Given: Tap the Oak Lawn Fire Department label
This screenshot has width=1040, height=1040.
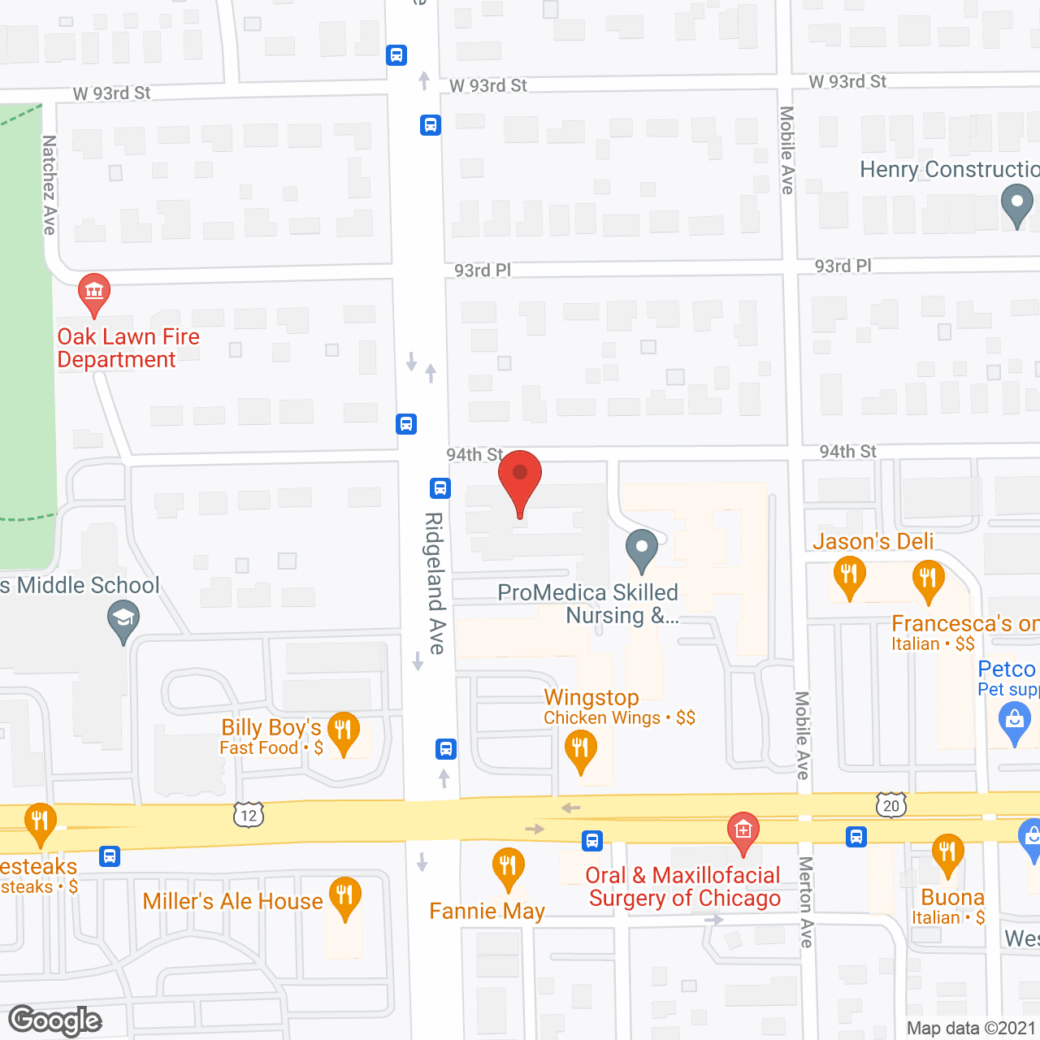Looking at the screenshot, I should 128,348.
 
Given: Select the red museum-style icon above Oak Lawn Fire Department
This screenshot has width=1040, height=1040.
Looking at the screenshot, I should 94,292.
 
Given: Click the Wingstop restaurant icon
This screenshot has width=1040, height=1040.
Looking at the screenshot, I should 580,747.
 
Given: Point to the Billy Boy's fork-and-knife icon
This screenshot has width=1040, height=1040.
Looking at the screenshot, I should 343,730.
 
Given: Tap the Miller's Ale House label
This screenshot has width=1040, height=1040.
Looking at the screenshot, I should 232,901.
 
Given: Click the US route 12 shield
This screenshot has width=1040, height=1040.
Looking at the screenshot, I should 249,815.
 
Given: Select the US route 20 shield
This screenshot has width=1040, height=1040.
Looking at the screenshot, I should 891,805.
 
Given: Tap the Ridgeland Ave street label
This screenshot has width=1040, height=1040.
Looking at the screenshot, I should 436,583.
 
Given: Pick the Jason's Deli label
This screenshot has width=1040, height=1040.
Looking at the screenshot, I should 873,541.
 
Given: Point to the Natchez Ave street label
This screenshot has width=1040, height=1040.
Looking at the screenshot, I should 50,185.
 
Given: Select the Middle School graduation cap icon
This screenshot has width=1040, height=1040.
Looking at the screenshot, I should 123,620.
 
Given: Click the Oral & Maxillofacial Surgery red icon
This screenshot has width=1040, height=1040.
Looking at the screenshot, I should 743,830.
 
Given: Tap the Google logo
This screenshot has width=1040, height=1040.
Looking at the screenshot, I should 55,1020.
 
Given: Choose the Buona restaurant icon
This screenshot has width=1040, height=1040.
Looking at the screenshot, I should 947,853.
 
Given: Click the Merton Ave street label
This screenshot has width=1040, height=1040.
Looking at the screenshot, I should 805,902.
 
